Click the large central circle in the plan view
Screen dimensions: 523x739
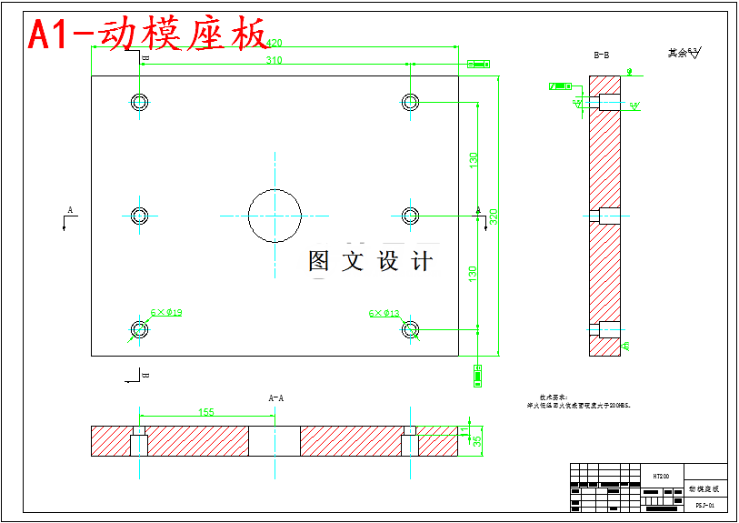pos(275,216)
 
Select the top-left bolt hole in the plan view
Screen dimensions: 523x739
pos(139,101)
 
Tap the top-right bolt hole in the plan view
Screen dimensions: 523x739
pos(410,101)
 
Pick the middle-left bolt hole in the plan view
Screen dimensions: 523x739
pos(139,216)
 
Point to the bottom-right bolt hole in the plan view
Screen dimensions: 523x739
pos(410,329)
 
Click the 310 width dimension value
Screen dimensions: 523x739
pos(274,60)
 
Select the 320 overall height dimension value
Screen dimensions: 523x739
pos(494,216)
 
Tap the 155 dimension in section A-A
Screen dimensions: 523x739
pos(206,412)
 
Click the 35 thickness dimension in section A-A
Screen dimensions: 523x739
pos(476,441)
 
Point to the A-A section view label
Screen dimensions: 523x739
pos(275,397)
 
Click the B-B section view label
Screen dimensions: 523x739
pos(601,55)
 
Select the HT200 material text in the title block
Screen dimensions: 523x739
pos(661,476)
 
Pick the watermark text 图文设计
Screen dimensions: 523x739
pos(370,262)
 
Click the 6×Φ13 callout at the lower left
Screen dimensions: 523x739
pos(167,313)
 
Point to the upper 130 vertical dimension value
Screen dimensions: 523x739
pos(474,159)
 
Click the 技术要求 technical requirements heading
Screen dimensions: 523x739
pos(553,397)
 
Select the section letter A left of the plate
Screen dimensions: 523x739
pos(69,210)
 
